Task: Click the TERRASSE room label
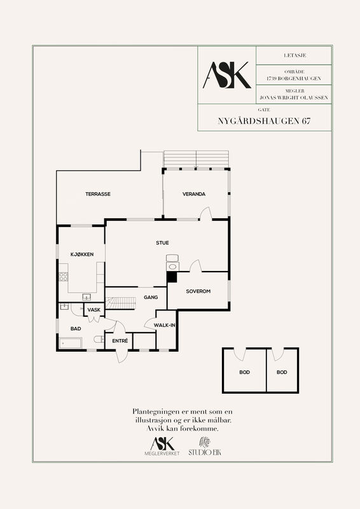point(98,194)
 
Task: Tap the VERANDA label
point(194,194)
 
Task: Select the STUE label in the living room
point(162,243)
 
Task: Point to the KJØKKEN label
point(82,254)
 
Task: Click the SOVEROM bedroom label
point(198,291)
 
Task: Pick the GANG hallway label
point(151,297)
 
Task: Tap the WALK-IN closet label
point(165,325)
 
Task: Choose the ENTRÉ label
point(120,341)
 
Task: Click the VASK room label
point(94,310)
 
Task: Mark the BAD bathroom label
point(76,329)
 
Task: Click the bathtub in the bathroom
point(71,343)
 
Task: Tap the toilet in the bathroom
point(99,340)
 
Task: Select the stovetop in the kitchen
point(64,277)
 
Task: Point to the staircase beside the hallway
point(120,303)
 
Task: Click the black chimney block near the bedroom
point(171,277)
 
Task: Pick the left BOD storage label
point(244,372)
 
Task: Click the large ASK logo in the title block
point(227,75)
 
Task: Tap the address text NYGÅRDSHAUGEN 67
point(264,121)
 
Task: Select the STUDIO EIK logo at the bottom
point(205,447)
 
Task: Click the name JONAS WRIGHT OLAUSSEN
point(294,97)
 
